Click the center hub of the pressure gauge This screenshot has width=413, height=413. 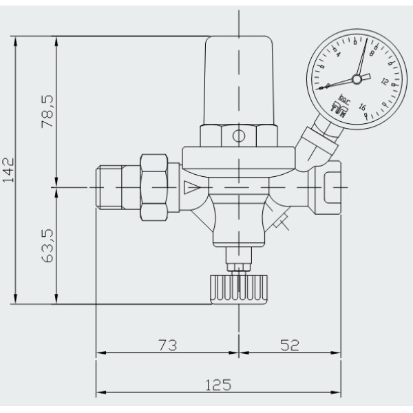click(357, 79)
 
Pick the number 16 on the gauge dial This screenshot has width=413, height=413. click(361, 107)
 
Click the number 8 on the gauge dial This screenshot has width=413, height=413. click(372, 53)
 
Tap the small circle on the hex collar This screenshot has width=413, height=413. click(238, 136)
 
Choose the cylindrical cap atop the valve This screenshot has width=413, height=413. click(238, 79)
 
